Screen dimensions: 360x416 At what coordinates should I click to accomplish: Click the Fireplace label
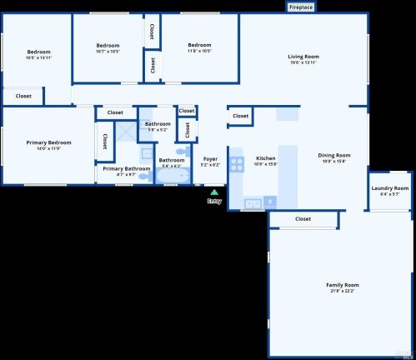(302, 7)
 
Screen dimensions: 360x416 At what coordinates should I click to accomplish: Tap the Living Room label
(303, 57)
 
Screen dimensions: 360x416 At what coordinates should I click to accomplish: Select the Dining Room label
(333, 155)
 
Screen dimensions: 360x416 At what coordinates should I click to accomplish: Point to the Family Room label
(342, 285)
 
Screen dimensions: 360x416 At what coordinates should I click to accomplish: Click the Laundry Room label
(389, 188)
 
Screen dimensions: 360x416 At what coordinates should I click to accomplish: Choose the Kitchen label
(265, 157)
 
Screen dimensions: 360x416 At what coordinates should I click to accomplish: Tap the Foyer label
(210, 158)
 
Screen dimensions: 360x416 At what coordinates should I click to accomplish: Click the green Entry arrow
(214, 192)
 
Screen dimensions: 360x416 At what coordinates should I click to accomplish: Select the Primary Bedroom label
(48, 142)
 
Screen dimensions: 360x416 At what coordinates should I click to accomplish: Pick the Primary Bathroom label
(127, 168)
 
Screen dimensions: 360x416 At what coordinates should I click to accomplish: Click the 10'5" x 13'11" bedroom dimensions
(38, 57)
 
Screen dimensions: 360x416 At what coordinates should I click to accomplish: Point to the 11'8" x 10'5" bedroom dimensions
(199, 51)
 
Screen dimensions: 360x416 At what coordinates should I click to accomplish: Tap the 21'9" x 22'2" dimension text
(342, 291)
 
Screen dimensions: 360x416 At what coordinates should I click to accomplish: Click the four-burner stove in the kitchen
(236, 163)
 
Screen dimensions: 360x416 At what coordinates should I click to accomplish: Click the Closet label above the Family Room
(303, 219)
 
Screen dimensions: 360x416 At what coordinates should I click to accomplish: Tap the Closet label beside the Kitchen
(240, 116)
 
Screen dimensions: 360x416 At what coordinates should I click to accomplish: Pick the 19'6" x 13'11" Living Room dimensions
(303, 62)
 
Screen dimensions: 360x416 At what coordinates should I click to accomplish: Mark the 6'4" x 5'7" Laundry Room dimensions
(389, 194)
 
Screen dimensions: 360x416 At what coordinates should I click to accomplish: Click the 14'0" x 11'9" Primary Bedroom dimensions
(48, 148)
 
